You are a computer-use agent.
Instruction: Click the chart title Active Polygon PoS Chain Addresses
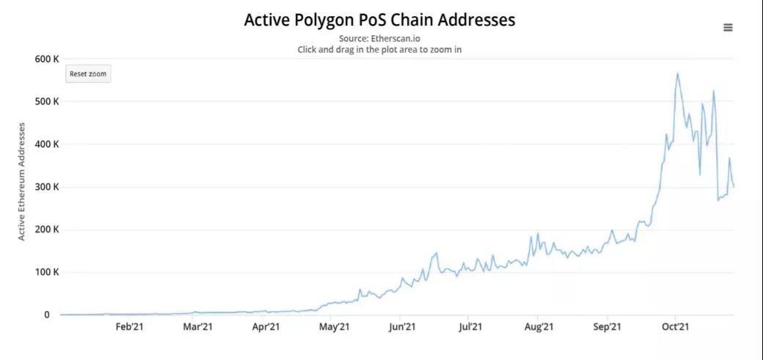point(379,20)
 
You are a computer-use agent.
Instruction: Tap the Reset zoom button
point(88,74)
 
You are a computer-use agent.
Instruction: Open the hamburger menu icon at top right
point(728,28)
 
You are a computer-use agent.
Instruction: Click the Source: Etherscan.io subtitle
point(379,38)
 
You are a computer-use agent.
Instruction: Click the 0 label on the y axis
point(46,315)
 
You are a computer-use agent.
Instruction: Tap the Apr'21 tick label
point(266,327)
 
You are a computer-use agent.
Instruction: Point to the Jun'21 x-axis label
point(402,327)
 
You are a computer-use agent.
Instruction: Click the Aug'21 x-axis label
point(539,327)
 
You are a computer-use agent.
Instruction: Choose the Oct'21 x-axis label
point(675,327)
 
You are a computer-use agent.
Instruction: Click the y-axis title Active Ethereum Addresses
point(22,181)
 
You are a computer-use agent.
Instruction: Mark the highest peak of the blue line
point(677,73)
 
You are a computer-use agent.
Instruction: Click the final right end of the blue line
point(734,186)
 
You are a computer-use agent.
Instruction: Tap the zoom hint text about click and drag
point(379,49)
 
